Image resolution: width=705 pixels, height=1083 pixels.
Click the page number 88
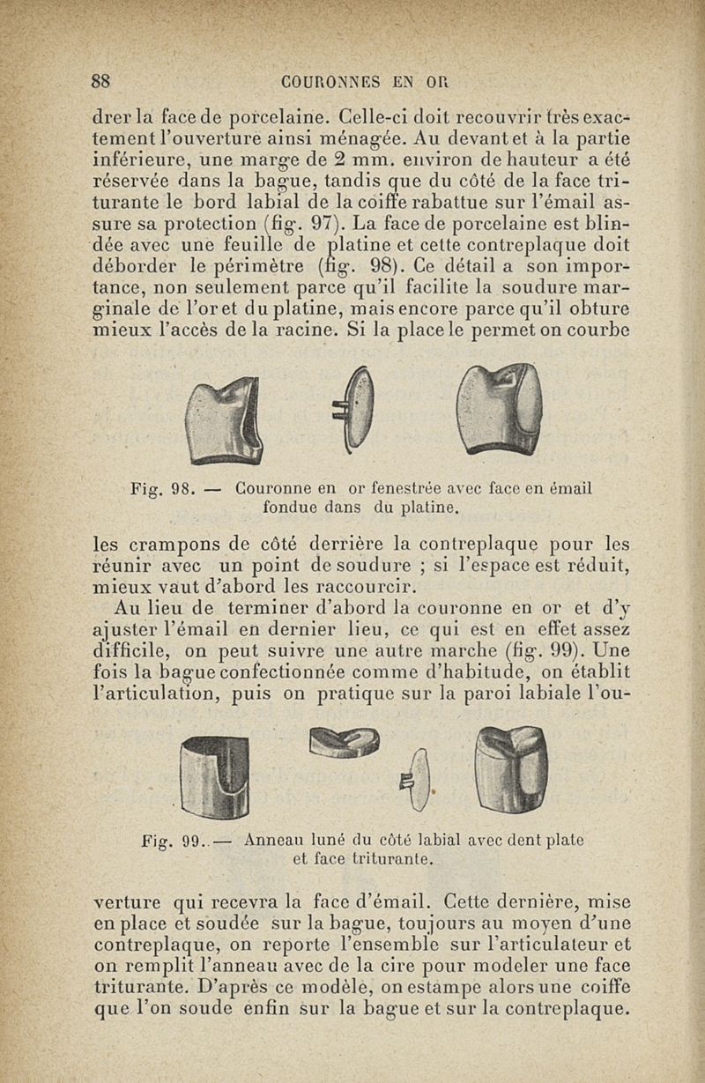pyautogui.click(x=100, y=82)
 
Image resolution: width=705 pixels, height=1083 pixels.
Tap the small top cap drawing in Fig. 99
pyautogui.click(x=345, y=743)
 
